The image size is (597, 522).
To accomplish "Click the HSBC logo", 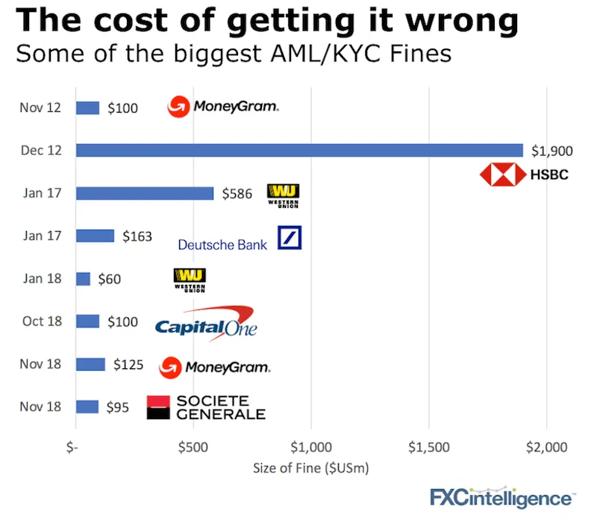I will (x=523, y=174).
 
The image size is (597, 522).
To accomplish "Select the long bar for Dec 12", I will (x=298, y=150).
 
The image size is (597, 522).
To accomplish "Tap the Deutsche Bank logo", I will (x=240, y=240).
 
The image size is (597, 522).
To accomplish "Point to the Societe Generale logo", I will (x=206, y=407).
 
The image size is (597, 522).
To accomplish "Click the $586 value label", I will (x=238, y=194).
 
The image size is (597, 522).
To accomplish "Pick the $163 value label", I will (x=137, y=236).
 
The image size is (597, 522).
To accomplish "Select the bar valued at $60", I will (x=83, y=279).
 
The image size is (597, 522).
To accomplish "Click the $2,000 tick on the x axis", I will (x=546, y=447).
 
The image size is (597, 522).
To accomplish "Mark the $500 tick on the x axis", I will (x=193, y=447).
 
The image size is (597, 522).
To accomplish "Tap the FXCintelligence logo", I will (x=502, y=497).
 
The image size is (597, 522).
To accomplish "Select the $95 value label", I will (x=116, y=408).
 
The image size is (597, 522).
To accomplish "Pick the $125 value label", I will (x=128, y=365).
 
